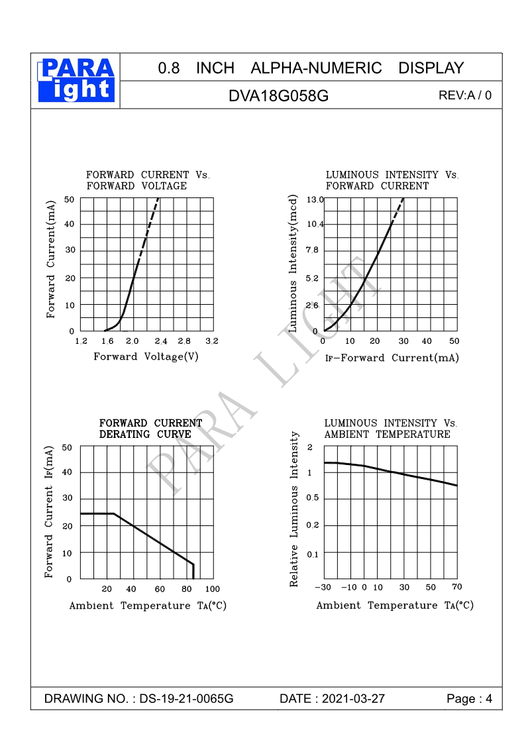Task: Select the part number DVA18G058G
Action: click(278, 95)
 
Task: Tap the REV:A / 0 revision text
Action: click(465, 95)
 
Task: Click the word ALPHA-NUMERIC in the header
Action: click(317, 68)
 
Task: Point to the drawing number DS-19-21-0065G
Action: click(186, 699)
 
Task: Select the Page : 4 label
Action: click(470, 699)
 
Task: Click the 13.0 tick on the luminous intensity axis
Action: click(315, 199)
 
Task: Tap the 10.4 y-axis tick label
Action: click(315, 225)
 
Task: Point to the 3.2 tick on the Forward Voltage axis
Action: click(212, 341)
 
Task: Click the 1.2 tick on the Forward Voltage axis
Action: click(81, 341)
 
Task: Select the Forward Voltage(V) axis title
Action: click(146, 356)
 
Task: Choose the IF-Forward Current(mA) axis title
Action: click(392, 358)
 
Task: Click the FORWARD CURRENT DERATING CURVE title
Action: click(150, 429)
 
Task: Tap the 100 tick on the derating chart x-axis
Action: click(212, 589)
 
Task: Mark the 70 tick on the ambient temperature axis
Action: click(456, 587)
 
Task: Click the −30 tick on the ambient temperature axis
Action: click(323, 588)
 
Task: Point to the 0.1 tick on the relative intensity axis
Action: click(311, 554)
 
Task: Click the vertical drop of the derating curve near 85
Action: click(193, 571)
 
